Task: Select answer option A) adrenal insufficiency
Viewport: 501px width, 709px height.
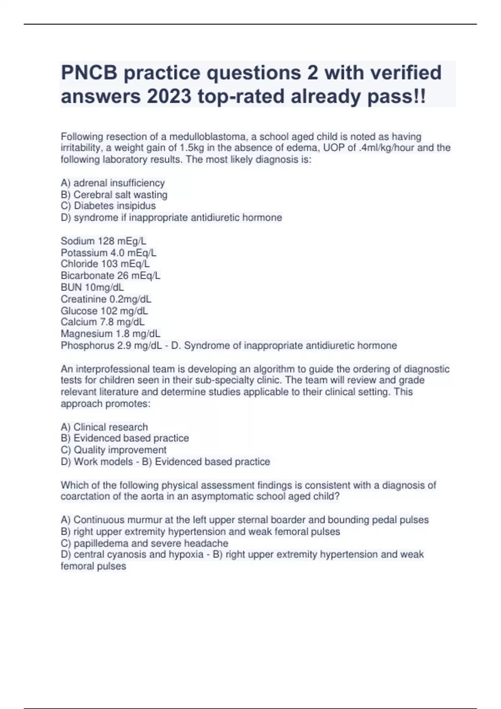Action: click(113, 183)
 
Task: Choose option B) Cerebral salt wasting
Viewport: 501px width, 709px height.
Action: click(114, 194)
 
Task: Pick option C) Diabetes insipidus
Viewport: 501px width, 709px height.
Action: click(108, 206)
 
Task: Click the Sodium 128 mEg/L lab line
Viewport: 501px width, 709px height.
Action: click(104, 241)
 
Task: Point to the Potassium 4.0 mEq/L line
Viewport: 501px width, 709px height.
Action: click(109, 252)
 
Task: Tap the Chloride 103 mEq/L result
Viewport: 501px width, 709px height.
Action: click(105, 264)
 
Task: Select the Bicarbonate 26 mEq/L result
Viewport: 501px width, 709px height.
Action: click(110, 275)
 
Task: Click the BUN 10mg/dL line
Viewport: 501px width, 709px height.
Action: click(92, 287)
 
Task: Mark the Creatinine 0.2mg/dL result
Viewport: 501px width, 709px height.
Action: click(106, 299)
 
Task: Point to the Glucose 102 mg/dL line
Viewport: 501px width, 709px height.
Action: click(104, 311)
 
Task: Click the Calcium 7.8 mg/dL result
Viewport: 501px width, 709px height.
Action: click(103, 322)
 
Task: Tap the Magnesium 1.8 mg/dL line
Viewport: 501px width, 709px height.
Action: click(110, 334)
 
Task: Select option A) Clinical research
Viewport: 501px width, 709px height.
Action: click(104, 427)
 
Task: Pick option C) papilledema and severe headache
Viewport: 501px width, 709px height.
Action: click(144, 543)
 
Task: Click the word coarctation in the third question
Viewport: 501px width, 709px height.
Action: click(86, 496)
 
